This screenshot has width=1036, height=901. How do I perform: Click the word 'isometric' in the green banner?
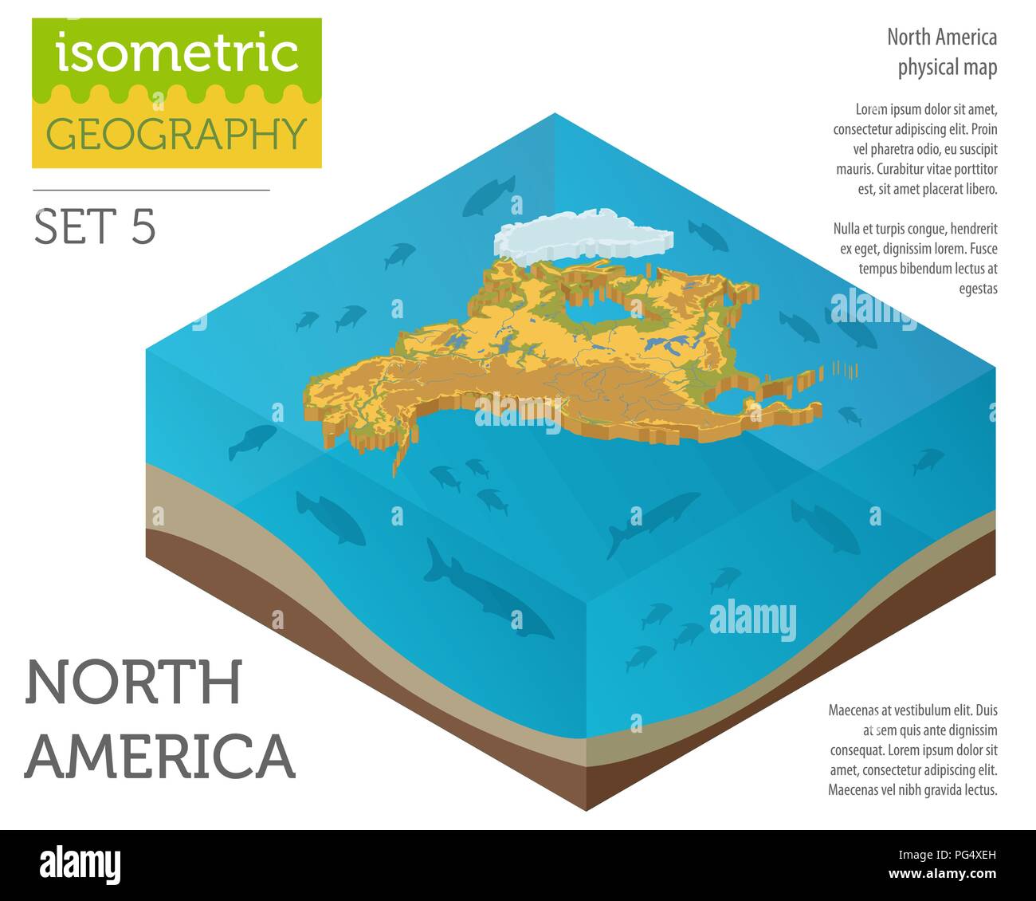[x=177, y=53]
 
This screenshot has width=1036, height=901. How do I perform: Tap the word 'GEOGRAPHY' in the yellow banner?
[x=177, y=134]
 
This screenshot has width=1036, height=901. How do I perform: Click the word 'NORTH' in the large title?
[x=133, y=683]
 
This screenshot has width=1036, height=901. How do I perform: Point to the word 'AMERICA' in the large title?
[x=160, y=754]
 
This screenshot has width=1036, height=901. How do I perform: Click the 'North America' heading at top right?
[x=942, y=37]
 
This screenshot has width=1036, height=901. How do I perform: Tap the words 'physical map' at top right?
[x=947, y=68]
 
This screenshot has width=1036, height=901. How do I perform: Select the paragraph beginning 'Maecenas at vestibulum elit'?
[x=912, y=750]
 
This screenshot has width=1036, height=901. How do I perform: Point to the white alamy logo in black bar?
[x=80, y=865]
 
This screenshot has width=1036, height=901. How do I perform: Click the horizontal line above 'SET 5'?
[x=151, y=191]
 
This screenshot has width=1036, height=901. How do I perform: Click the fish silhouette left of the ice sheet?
[x=488, y=195]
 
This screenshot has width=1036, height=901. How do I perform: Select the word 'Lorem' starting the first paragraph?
[x=872, y=109]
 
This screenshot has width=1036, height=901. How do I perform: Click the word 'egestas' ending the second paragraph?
[x=978, y=289]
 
